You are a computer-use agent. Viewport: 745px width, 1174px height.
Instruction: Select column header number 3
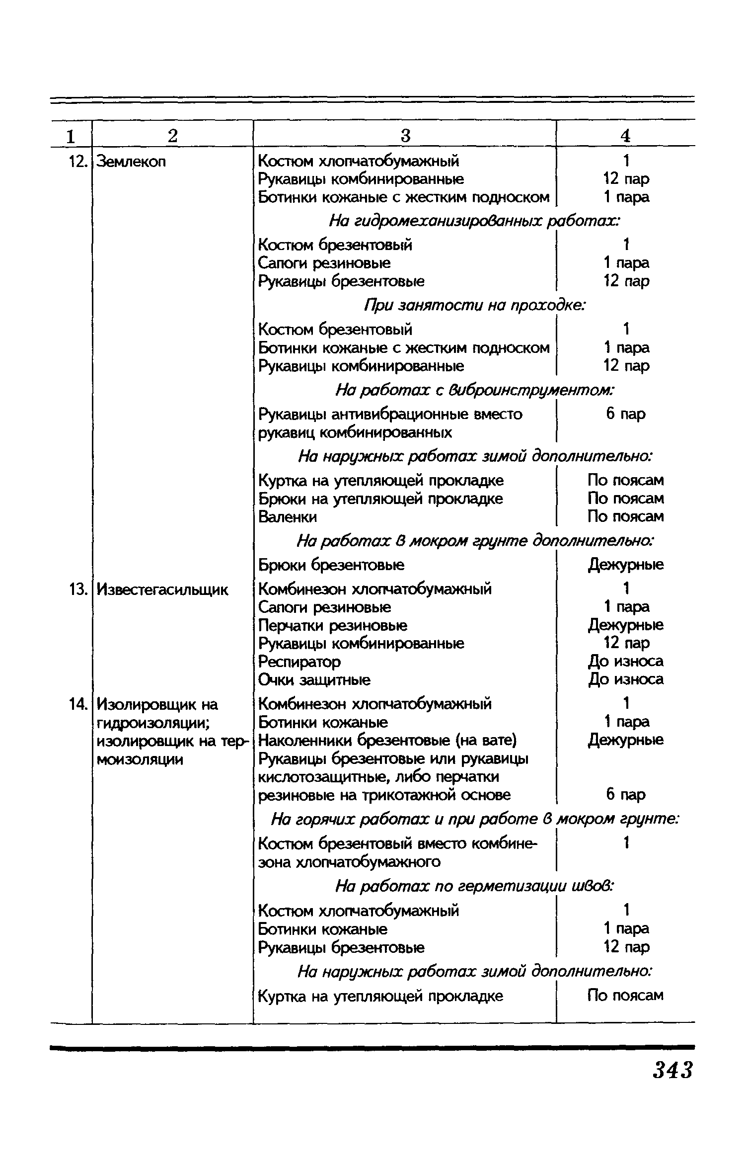tap(405, 136)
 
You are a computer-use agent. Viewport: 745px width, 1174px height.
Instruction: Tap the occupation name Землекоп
tap(131, 162)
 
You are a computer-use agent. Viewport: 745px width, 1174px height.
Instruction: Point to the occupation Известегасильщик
tap(162, 589)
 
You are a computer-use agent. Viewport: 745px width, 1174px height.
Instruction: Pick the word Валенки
tap(288, 517)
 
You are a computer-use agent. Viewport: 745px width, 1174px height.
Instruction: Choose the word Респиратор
tap(299, 662)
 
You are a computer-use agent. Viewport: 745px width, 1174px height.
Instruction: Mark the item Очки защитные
tap(314, 680)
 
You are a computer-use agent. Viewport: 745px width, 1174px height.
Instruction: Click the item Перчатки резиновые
tap(333, 625)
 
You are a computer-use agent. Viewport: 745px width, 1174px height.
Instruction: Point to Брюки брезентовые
tap(331, 565)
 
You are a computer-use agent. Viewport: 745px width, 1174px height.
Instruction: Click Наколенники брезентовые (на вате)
tap(387, 741)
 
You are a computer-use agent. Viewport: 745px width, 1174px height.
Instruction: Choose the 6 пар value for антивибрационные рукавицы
tap(625, 414)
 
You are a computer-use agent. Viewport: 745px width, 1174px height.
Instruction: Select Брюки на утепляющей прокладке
tap(380, 499)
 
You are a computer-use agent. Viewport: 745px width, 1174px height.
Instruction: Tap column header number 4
tap(625, 136)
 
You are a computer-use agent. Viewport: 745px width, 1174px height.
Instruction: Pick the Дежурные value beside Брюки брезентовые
tap(625, 565)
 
